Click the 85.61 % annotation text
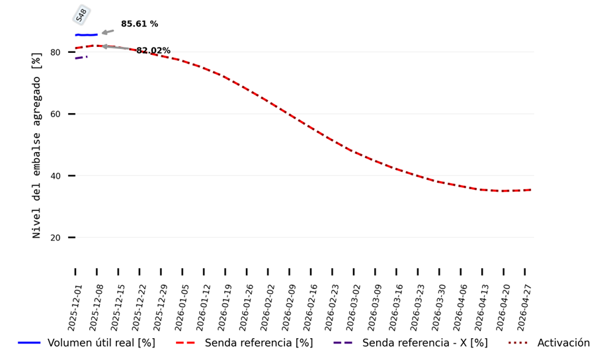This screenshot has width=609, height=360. click(x=139, y=24)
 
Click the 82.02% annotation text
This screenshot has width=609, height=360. click(x=153, y=51)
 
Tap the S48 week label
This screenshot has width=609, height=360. click(x=82, y=15)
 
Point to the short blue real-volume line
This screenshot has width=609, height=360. click(x=86, y=34)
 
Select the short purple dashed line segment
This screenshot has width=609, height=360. click(x=81, y=58)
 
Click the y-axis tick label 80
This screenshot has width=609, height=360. click(x=56, y=52)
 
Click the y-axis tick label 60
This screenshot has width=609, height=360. click(x=56, y=114)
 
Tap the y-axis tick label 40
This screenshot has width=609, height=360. click(x=56, y=176)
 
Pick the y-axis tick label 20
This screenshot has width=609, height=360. click(x=56, y=238)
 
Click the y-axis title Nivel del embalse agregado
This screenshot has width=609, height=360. click(x=37, y=146)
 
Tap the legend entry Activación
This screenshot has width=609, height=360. click(x=563, y=343)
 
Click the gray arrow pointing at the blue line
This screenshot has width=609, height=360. click(x=107, y=32)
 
